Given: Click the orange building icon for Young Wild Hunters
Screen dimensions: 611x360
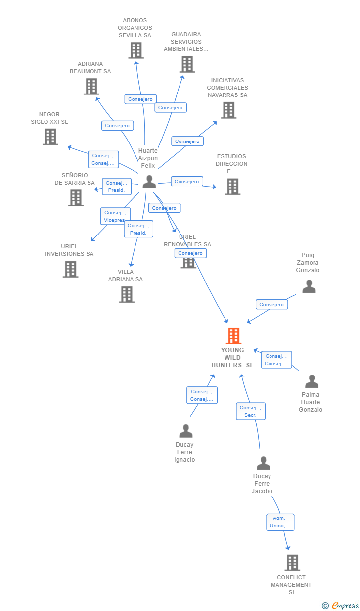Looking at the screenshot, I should click(233, 336).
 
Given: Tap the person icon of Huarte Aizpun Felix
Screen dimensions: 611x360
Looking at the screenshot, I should click(149, 182).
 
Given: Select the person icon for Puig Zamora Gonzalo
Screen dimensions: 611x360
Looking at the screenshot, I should click(309, 286).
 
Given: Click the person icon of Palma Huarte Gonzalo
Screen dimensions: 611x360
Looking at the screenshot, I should click(312, 381).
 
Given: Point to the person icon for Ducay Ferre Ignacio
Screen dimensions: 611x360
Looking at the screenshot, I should click(185, 431).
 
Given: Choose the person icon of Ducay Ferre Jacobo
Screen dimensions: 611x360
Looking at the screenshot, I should click(263, 463).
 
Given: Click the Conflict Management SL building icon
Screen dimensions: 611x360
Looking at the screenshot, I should click(292, 563).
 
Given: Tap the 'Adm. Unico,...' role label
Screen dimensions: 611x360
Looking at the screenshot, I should click(280, 522).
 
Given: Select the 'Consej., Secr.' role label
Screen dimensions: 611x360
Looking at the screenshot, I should click(251, 411).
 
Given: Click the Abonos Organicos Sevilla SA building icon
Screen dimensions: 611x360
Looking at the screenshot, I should click(136, 50).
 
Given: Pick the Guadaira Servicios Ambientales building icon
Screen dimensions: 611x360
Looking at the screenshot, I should click(187, 64).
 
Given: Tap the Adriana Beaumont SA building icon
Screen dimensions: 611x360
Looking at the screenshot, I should click(91, 87).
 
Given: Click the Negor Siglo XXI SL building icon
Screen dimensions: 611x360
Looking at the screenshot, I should click(50, 137).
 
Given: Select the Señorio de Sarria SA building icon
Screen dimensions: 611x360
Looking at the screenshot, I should click(76, 198).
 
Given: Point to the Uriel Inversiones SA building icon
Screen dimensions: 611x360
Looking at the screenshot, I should click(70, 269).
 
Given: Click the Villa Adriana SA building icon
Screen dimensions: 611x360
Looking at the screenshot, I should click(127, 294).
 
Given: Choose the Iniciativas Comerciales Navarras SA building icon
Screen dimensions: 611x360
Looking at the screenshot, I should click(228, 110).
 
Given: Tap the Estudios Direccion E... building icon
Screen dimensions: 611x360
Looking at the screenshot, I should click(232, 187).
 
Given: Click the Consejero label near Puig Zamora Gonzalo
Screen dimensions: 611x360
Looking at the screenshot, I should click(271, 304).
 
